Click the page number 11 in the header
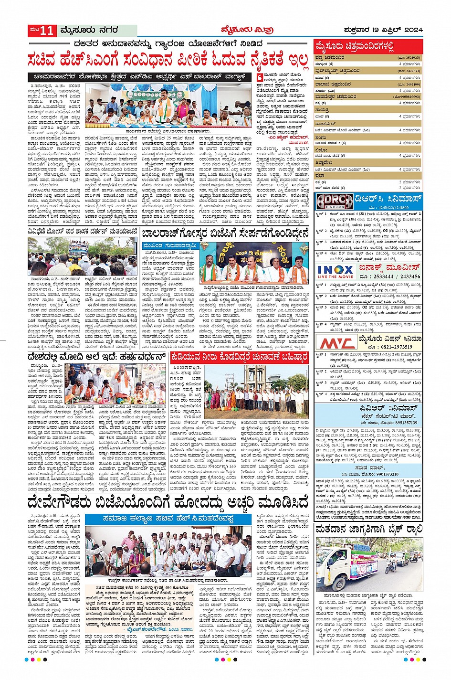[x=48, y=31]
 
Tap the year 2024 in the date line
[x=413, y=30]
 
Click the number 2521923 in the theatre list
[x=409, y=57]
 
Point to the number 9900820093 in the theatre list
[x=407, y=96]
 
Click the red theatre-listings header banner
[x=368, y=47]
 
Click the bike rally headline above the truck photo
[x=368, y=530]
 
